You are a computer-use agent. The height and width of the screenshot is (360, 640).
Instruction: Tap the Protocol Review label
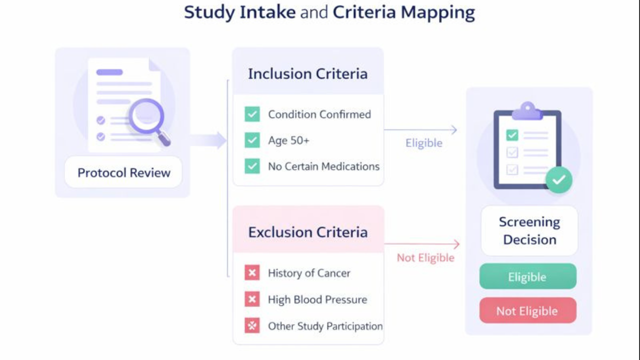click(x=123, y=172)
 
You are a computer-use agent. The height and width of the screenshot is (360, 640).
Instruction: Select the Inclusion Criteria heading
click(x=307, y=74)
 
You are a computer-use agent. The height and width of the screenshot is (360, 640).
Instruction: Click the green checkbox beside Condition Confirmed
click(x=252, y=114)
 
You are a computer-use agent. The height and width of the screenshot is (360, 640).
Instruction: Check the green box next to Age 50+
click(x=252, y=140)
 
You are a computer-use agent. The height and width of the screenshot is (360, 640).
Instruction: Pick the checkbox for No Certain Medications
click(x=252, y=166)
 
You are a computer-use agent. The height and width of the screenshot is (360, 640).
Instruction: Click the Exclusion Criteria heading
click(x=307, y=232)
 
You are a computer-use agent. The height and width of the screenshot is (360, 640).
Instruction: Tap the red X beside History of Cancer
click(x=252, y=273)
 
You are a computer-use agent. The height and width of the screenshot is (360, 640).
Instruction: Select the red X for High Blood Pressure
click(x=252, y=299)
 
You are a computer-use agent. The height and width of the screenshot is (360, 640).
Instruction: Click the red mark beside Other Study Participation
click(x=252, y=326)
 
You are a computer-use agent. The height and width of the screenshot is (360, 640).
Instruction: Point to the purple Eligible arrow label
click(x=423, y=143)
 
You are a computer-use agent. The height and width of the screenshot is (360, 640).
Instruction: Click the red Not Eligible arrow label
click(x=425, y=258)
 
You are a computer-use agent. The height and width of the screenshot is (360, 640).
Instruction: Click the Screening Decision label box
click(x=529, y=230)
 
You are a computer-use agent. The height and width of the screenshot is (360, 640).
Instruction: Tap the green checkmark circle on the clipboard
click(x=558, y=180)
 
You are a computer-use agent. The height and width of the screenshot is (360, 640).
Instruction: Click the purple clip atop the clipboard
click(x=527, y=110)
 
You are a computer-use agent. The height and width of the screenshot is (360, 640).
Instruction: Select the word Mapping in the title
click(x=437, y=12)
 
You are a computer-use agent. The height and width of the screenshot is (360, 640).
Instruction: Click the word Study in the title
click(x=208, y=12)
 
